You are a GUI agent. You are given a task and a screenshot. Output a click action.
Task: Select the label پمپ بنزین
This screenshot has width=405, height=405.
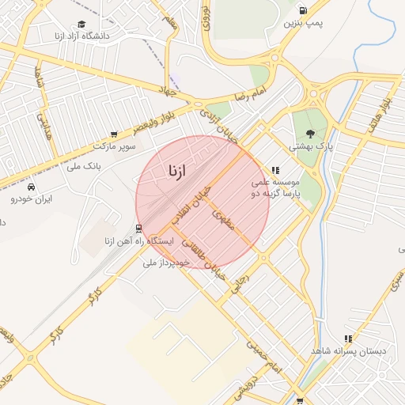pos(305,23)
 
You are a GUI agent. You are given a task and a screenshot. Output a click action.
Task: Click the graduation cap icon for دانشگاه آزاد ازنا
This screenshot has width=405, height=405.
pos(81,24)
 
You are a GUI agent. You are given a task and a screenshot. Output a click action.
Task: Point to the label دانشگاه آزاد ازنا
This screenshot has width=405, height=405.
pos(81,36)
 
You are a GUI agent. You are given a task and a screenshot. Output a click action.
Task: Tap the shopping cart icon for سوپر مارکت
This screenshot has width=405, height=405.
pos(115,134)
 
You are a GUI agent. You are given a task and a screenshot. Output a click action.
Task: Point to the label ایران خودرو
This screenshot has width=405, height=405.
pos(31,199)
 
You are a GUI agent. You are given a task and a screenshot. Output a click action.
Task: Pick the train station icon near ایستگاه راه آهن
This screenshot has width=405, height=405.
pos(139,229)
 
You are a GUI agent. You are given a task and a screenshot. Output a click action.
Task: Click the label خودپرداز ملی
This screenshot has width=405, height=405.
pos(166,261)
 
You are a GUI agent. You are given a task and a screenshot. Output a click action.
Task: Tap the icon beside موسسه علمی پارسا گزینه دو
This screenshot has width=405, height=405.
pos(275,170)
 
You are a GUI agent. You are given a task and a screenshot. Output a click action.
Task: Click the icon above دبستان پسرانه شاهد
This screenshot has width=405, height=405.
pos(348,339)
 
